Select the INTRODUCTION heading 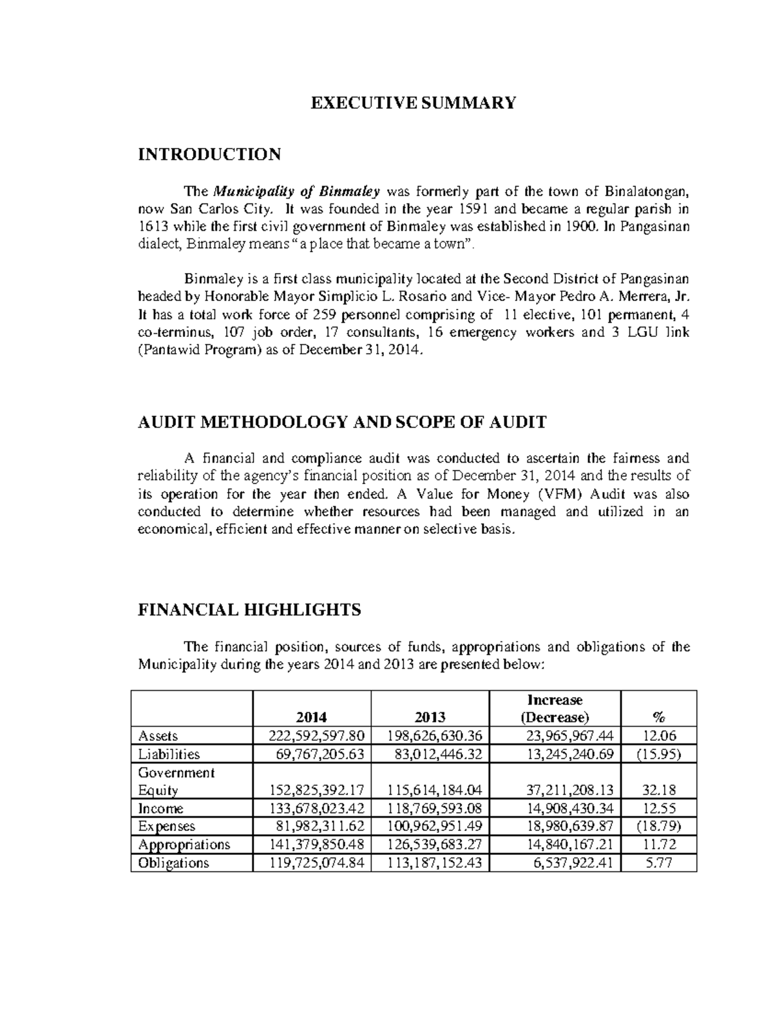[x=209, y=154]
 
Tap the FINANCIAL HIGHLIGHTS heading [x=250, y=610]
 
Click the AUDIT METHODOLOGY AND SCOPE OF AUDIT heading [x=342, y=422]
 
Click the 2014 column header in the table [x=312, y=717]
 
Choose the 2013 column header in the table [x=430, y=717]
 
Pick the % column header [x=659, y=717]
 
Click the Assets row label [x=158, y=736]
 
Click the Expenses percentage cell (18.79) [x=659, y=827]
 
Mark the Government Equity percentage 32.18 [x=659, y=790]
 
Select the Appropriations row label [x=184, y=845]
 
